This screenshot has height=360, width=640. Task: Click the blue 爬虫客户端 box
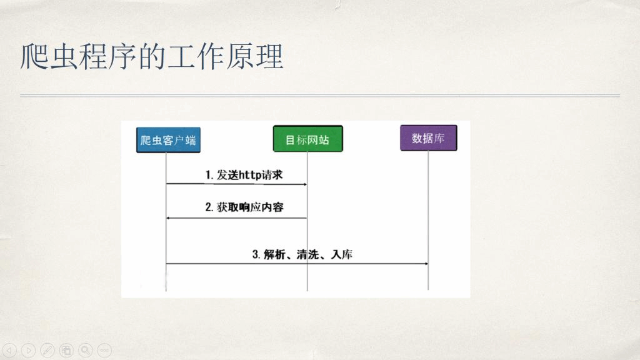(168, 140)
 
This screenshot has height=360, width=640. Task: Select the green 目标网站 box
(307, 139)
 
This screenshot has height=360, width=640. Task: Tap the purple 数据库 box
(429, 138)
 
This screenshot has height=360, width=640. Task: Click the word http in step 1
(250, 175)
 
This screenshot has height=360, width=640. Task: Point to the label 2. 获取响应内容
(244, 207)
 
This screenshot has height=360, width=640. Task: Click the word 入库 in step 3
(342, 255)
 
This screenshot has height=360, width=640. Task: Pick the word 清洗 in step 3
(307, 255)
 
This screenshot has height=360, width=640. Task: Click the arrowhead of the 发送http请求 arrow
(304, 184)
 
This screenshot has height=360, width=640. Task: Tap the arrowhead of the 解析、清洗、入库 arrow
(426, 264)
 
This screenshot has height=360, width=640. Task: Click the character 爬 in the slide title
(34, 56)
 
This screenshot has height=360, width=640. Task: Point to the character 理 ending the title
(269, 56)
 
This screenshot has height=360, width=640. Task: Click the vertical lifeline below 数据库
(428, 221)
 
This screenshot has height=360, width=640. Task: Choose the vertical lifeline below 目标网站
(307, 221)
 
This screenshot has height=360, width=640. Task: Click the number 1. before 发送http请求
(209, 175)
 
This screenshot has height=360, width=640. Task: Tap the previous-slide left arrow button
(9, 350)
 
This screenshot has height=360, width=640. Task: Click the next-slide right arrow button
(28, 350)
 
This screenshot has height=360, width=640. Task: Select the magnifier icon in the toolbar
(85, 350)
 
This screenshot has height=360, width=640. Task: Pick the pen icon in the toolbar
(47, 350)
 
